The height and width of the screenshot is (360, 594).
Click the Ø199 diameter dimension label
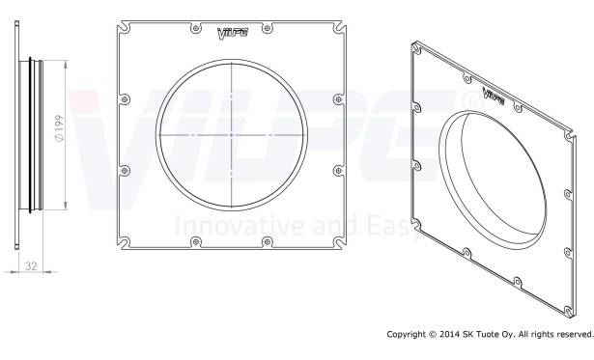60,128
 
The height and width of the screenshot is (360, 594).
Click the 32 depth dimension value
31,266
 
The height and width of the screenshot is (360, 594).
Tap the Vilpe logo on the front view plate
233,34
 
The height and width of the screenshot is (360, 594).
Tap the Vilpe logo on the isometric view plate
493,96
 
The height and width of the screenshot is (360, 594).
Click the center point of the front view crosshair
232,135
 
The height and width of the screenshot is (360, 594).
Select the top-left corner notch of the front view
124,28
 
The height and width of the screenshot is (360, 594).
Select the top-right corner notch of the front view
339,28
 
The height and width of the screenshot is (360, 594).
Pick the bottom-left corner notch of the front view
124,242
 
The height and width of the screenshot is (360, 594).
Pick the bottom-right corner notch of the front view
339,242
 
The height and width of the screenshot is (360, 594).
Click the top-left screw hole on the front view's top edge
195,28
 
